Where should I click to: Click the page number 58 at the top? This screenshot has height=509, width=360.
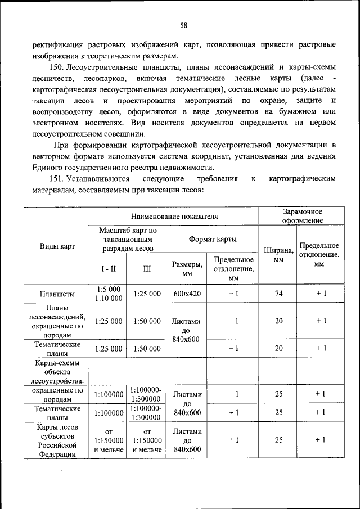coord(183,25)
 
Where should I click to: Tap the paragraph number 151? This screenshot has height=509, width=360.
coord(68,179)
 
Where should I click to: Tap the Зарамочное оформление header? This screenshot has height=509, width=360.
coord(302,216)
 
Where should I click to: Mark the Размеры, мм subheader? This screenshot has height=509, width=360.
coord(187,268)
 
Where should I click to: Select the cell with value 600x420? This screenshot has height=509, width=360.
coord(187,294)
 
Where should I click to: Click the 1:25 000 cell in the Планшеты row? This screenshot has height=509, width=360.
coord(147,294)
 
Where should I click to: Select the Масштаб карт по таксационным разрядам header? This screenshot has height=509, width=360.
coord(128,239)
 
